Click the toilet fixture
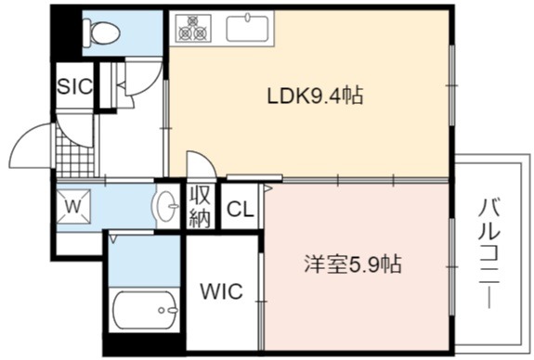[x=101, y=33]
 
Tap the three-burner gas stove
[x=193, y=28]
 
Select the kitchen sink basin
[x=248, y=28]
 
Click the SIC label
[x=75, y=86]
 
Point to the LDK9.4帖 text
[x=315, y=96]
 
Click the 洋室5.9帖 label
[x=353, y=264]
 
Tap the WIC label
[x=221, y=291]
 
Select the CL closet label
[x=241, y=210]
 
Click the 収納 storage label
[x=200, y=206]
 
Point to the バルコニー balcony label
[x=489, y=254]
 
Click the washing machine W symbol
[x=73, y=207]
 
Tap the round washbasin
[x=166, y=206]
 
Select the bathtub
[x=144, y=310]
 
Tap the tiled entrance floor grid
[x=75, y=156]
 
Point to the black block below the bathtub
[x=145, y=343]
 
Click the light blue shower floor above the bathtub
[x=144, y=262]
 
